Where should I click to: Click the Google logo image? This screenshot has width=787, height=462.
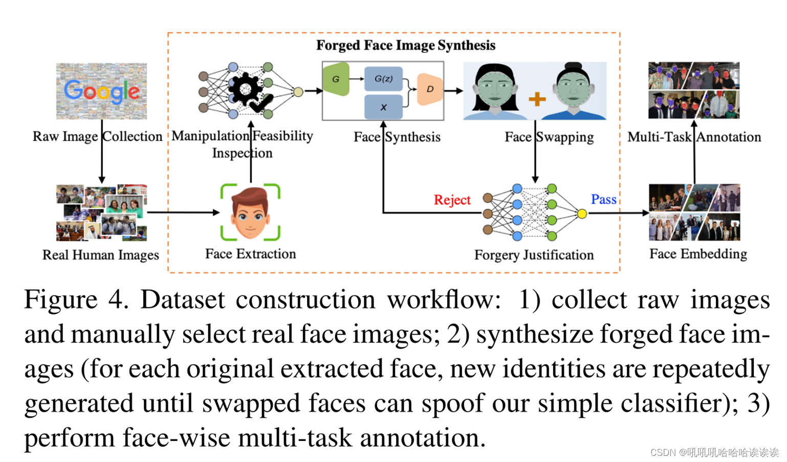coord(101,91)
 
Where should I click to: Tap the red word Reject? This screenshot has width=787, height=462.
coord(452,200)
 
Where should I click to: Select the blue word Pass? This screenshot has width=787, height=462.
coord(603,199)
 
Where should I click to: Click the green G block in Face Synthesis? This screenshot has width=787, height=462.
coord(336,79)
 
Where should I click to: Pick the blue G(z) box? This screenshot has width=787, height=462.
coord(383,79)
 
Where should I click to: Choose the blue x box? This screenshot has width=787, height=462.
coord(383,107)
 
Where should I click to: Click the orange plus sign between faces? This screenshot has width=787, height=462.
coord(537,99)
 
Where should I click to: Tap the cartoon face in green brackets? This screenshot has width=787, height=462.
coord(250,213)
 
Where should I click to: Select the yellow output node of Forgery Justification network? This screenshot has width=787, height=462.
coord(582,214)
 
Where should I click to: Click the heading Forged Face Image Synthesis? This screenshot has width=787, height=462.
coord(405,45)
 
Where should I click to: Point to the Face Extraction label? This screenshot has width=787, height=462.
coord(250,254)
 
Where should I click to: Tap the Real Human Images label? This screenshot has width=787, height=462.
coord(100,255)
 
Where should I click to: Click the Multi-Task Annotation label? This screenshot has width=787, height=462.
coord(694,137)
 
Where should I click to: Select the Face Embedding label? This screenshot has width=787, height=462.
coord(697,254)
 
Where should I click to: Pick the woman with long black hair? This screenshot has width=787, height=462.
coord(494,91)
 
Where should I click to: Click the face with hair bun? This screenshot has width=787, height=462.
coord(573,91)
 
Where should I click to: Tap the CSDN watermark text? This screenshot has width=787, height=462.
coord(714,452)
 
